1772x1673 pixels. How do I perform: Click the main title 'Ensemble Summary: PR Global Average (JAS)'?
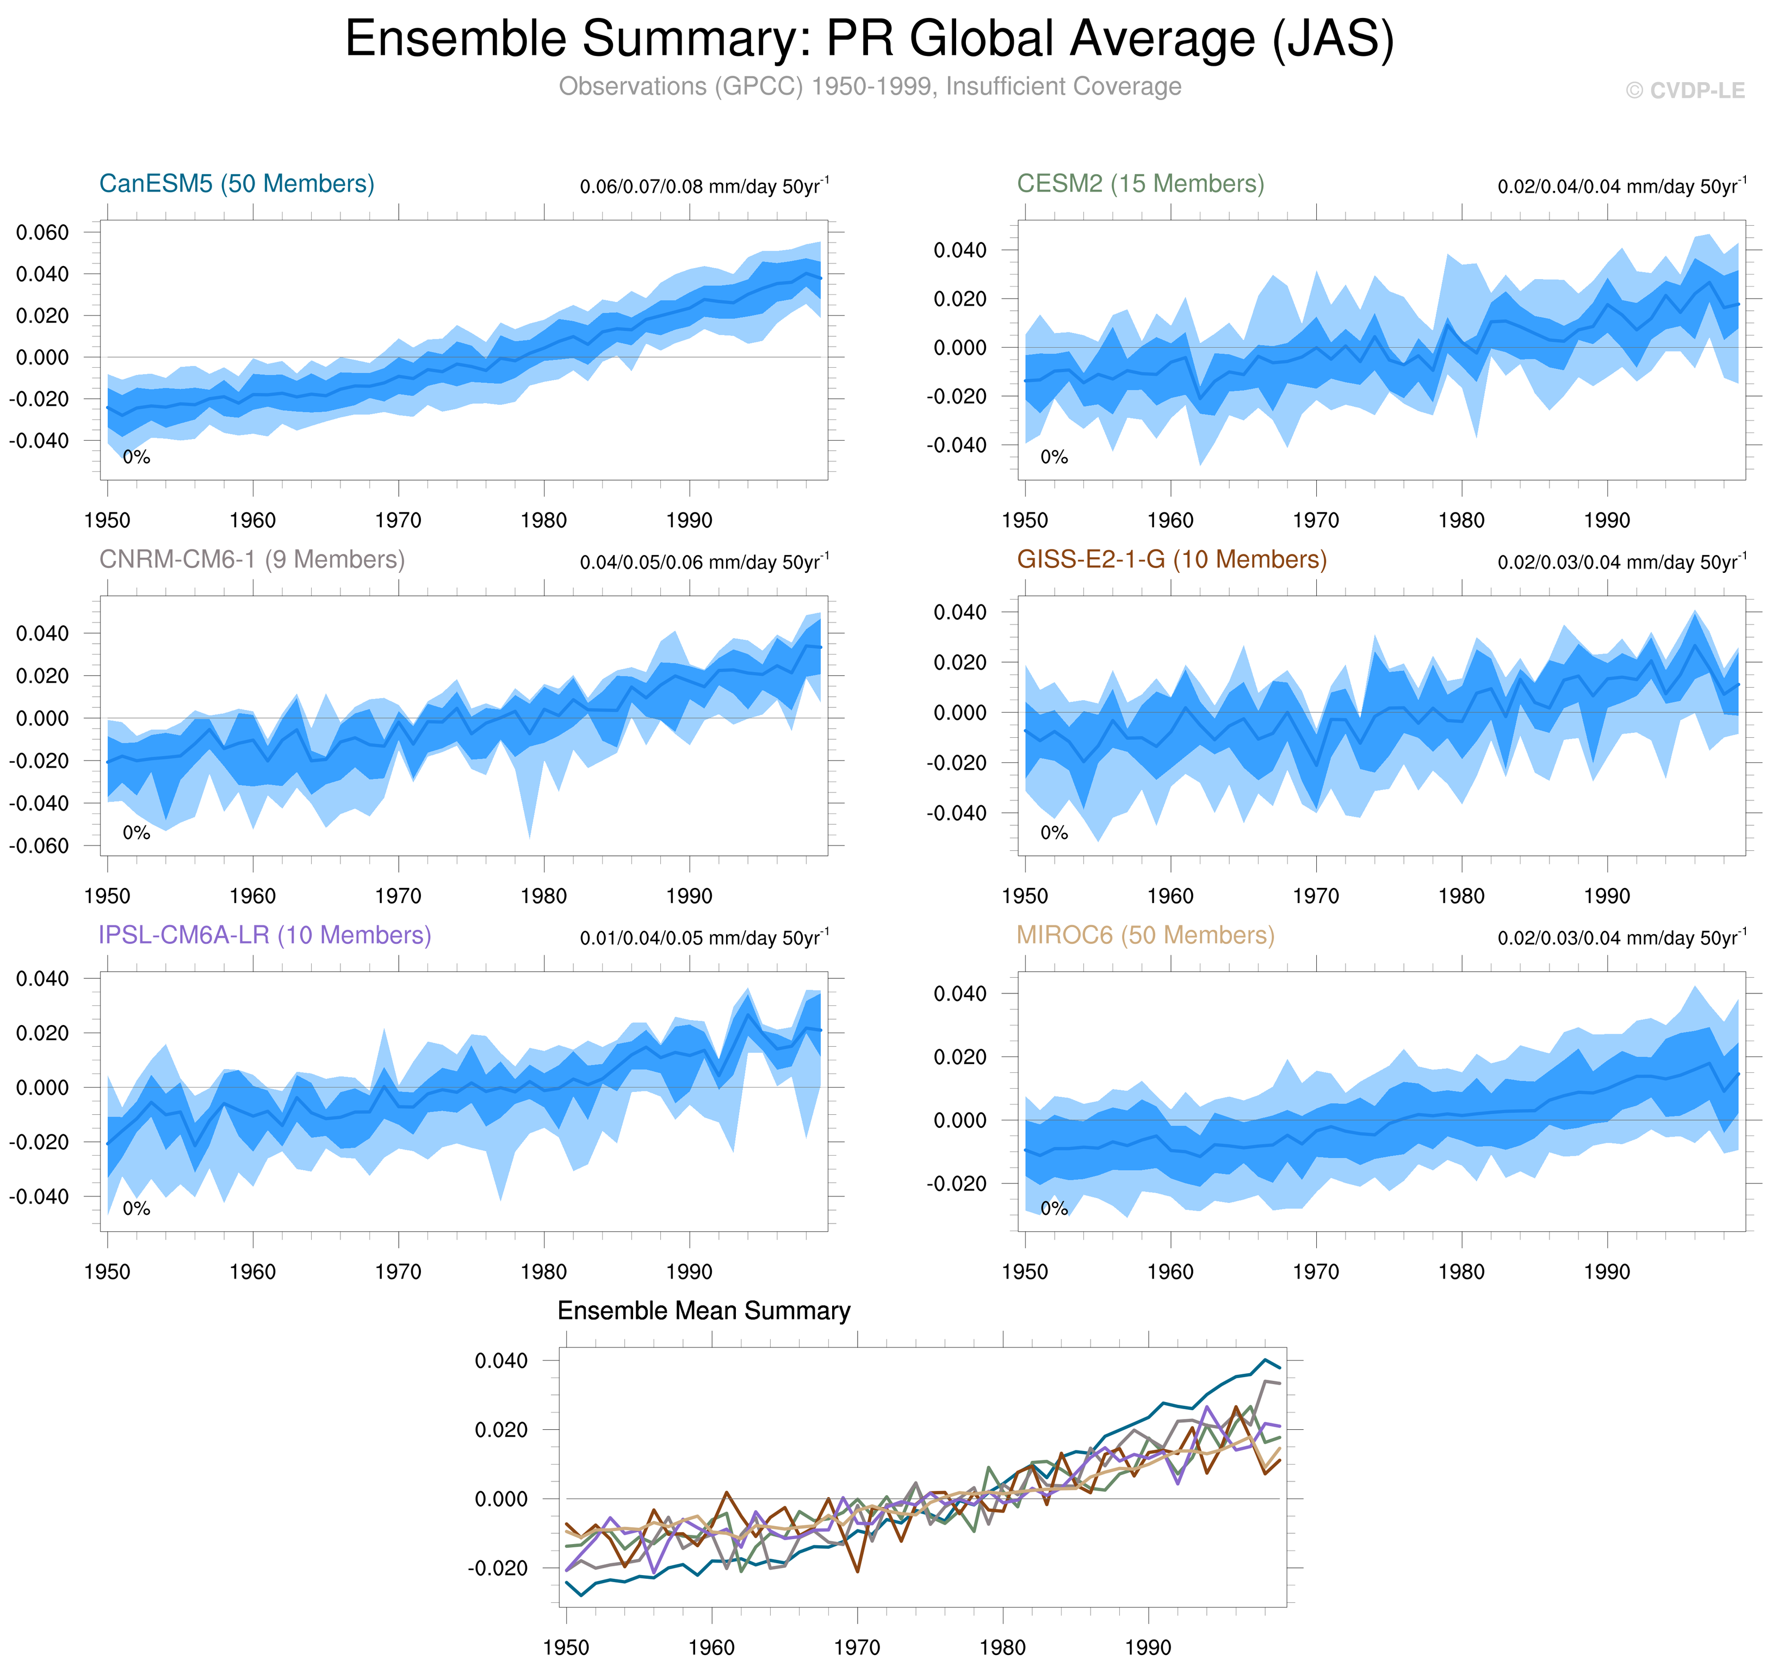pyautogui.click(x=869, y=39)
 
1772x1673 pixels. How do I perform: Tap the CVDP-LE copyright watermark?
pyautogui.click(x=1684, y=91)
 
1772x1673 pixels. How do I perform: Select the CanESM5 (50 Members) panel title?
pyautogui.click(x=236, y=184)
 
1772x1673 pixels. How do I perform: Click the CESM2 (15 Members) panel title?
pyautogui.click(x=1140, y=184)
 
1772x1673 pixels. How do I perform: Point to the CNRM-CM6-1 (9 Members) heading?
pyautogui.click(x=251, y=559)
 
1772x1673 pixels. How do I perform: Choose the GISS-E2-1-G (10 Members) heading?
pyautogui.click(x=1171, y=559)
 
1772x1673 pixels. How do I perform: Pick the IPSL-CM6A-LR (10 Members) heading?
pyautogui.click(x=265, y=935)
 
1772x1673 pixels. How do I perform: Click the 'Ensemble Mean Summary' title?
pyautogui.click(x=703, y=1310)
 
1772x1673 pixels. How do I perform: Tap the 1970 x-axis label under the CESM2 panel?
pyautogui.click(x=1316, y=521)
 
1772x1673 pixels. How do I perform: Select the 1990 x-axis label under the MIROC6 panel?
pyautogui.click(x=1606, y=1271)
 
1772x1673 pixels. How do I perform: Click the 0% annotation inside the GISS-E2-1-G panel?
pyautogui.click(x=1054, y=833)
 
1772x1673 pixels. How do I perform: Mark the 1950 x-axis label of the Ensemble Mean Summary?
pyautogui.click(x=566, y=1647)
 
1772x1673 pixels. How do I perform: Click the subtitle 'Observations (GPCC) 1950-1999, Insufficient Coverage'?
pyautogui.click(x=869, y=87)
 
